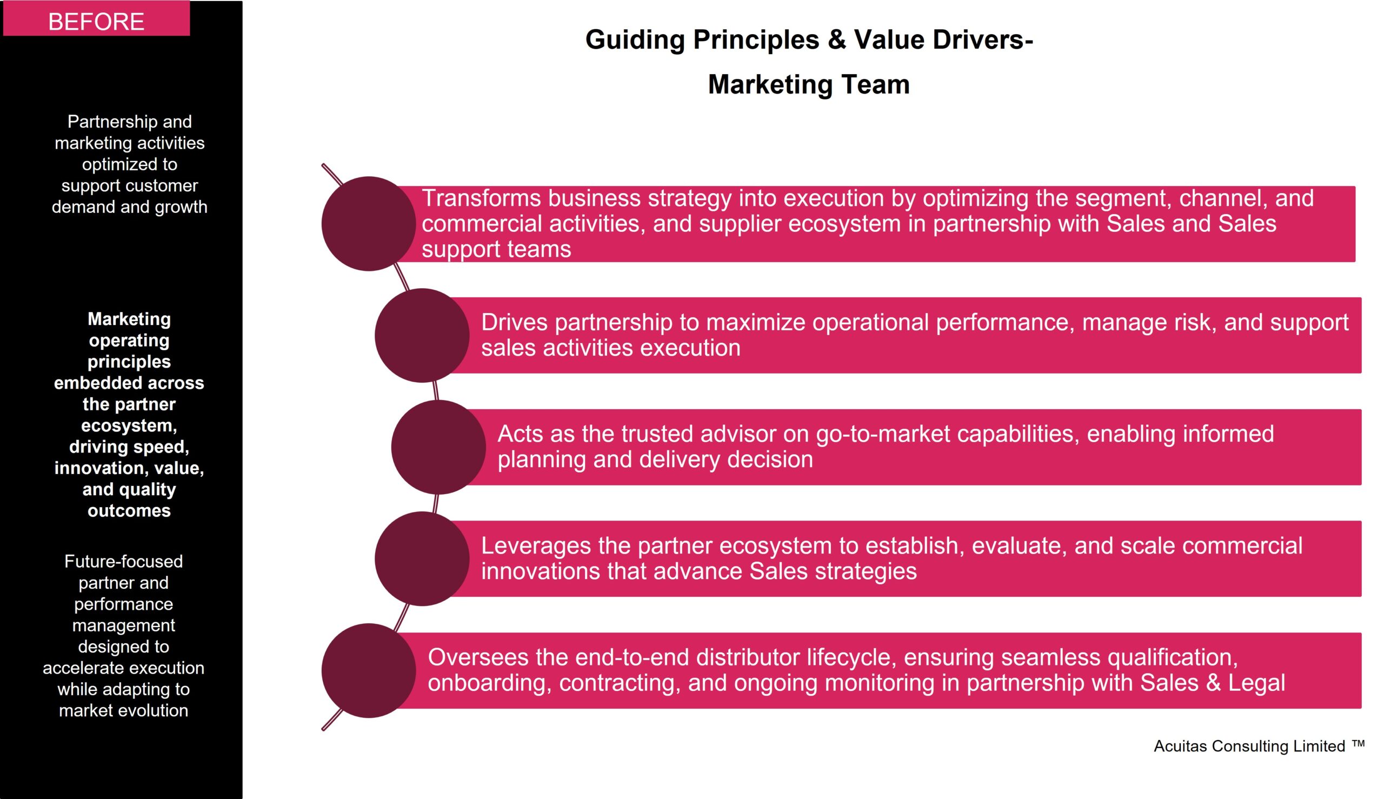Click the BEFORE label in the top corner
tap(97, 22)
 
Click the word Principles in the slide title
tap(756, 40)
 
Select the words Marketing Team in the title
tap(809, 84)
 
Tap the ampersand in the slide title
tap(836, 39)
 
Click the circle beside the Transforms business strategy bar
tap(369, 223)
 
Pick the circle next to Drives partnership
tap(422, 335)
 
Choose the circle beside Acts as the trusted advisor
tap(438, 447)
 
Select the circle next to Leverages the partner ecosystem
tap(422, 558)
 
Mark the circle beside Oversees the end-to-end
tap(369, 670)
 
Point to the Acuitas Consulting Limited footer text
tap(1249, 747)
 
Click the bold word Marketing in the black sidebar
tap(129, 319)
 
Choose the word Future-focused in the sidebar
tap(123, 561)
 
